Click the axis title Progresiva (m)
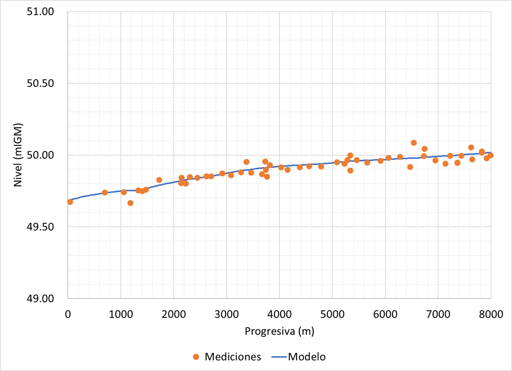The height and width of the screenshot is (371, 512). (279, 331)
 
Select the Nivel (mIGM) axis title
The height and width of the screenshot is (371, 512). (18, 155)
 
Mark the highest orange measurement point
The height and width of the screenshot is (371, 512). (414, 143)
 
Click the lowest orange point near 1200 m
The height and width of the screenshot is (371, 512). (130, 203)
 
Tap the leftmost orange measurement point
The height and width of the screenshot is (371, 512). (70, 202)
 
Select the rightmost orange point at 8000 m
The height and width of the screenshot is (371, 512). (490, 155)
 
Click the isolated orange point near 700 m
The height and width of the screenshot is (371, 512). (105, 193)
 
